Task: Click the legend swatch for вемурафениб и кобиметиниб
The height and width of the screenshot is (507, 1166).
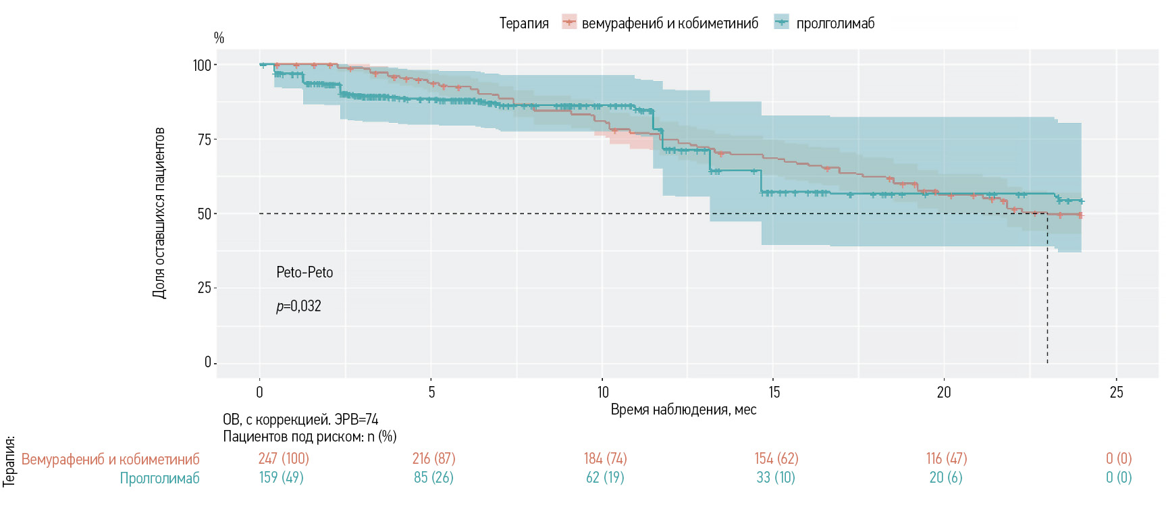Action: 569,23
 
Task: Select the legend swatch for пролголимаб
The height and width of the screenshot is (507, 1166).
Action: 782,23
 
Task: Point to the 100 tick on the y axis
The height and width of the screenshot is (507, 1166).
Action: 202,65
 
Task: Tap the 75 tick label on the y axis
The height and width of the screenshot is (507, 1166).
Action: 205,140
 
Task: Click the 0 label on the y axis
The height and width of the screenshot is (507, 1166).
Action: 208,363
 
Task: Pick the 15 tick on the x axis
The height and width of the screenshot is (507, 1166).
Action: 774,392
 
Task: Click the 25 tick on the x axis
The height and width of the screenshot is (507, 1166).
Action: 1116,392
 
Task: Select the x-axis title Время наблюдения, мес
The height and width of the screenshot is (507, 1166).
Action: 683,410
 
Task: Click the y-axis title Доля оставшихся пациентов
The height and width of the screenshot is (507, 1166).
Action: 159,213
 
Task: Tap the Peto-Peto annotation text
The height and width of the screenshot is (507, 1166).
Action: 304,273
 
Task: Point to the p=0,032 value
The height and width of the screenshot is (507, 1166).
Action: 298,306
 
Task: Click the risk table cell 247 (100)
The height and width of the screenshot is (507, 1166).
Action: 284,459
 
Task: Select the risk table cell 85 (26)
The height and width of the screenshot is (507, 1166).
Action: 433,478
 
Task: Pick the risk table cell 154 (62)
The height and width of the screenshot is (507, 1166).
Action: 776,459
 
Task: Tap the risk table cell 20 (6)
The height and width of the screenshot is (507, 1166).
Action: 946,478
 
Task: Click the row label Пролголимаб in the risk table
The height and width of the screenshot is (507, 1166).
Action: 159,478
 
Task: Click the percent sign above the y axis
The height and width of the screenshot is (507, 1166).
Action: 219,38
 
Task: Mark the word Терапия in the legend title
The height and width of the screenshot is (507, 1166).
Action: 524,24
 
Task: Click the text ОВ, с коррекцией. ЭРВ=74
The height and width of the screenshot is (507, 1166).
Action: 300,420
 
